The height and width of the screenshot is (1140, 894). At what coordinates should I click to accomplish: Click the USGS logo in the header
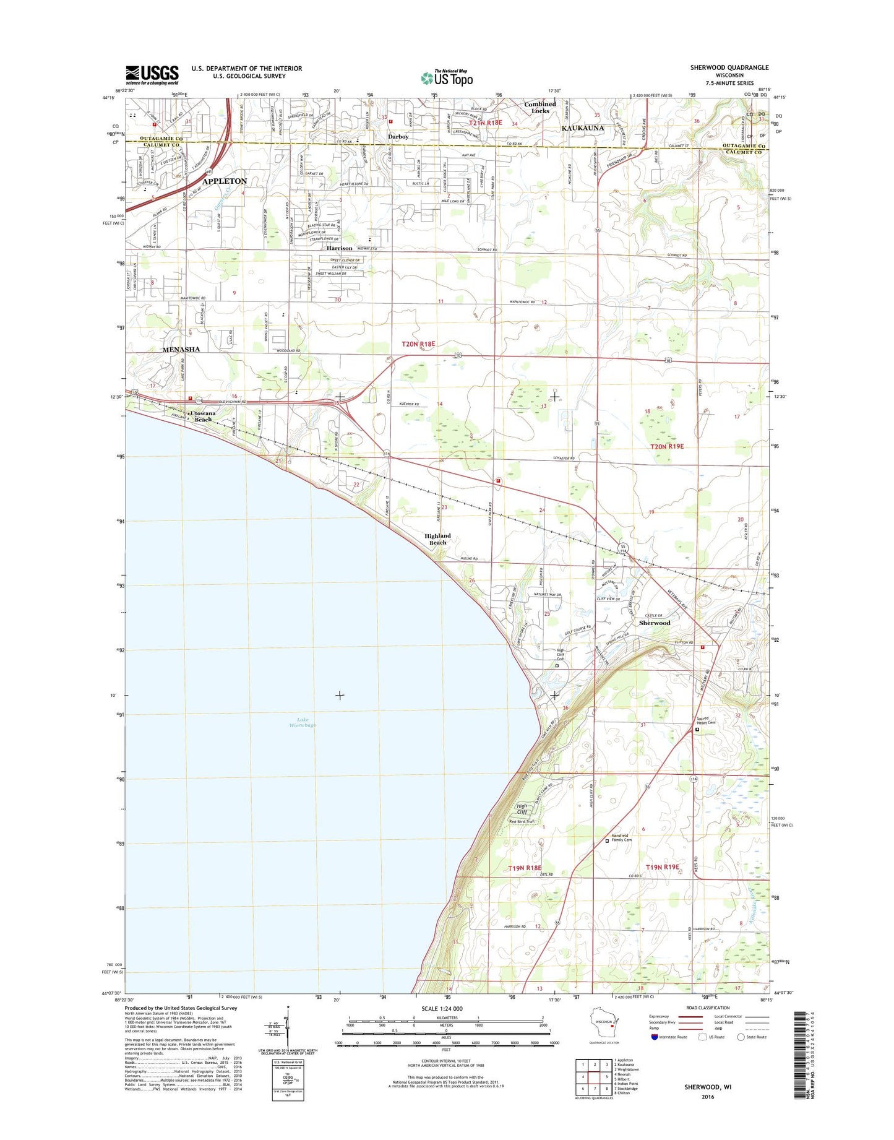(x=152, y=75)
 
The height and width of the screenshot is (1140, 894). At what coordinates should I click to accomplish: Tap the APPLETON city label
(x=224, y=181)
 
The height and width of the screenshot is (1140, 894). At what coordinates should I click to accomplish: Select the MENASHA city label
(x=181, y=350)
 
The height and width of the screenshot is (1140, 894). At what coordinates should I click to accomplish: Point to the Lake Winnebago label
(x=302, y=722)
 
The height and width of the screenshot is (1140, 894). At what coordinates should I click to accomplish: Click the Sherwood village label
(x=655, y=623)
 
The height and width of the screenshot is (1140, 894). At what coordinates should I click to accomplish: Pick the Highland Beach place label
(x=437, y=539)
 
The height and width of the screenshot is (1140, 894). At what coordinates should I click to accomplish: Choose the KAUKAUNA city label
(x=582, y=128)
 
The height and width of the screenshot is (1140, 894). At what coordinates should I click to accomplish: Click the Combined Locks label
(x=540, y=107)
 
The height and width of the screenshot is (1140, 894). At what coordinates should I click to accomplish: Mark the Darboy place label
(x=398, y=136)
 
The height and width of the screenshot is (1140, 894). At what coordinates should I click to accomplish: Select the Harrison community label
(x=340, y=248)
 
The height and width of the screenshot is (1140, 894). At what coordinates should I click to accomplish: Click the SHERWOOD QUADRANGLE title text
(x=729, y=67)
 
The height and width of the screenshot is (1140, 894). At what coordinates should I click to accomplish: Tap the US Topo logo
(x=447, y=78)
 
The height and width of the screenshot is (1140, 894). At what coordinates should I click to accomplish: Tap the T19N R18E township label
(x=525, y=868)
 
